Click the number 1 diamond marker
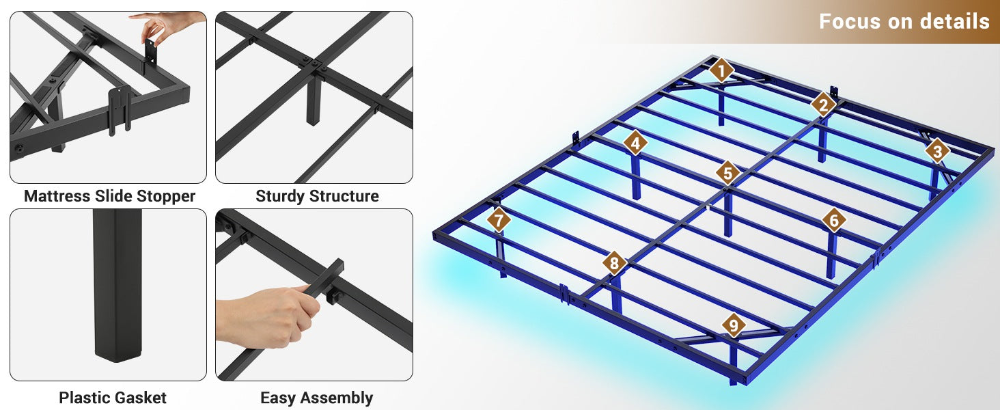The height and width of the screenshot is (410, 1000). click(721, 71)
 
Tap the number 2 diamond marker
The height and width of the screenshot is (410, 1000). click(823, 105)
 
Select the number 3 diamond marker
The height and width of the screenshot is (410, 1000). click(937, 152)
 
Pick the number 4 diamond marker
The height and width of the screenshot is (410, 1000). click(635, 143)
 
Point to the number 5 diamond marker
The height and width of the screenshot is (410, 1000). click(727, 173)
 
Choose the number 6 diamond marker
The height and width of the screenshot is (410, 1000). click(834, 220)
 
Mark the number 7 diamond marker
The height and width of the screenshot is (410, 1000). click(499, 220)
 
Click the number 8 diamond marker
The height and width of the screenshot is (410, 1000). click(614, 263)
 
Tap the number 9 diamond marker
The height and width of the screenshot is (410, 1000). click(734, 325)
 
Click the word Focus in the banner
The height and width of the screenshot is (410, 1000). click(850, 21)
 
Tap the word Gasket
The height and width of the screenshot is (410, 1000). click(141, 398)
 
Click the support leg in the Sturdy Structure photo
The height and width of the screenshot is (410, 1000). click(314, 100)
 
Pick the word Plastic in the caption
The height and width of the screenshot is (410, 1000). click(85, 398)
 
